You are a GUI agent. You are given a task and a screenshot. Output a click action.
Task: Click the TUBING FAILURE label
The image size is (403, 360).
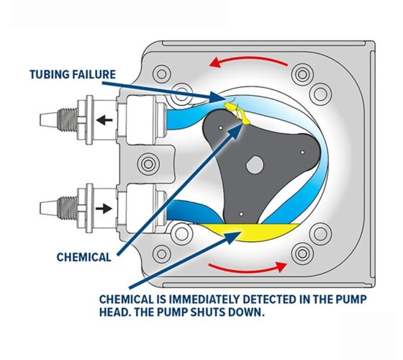tap(73, 75)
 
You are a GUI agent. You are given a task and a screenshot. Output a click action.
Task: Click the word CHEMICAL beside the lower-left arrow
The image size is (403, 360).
tap(83, 257)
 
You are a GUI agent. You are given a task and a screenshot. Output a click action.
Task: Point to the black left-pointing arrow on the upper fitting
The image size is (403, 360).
tap(104, 120)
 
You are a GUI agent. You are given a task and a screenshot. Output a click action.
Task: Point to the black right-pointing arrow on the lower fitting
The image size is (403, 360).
tap(104, 208)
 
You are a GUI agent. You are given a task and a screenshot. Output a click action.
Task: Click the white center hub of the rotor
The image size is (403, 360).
tap(255, 165)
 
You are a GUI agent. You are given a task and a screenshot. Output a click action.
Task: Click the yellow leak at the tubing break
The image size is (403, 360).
tap(237, 111)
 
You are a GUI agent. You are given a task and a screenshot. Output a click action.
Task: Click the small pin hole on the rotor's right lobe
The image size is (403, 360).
tap(302, 153)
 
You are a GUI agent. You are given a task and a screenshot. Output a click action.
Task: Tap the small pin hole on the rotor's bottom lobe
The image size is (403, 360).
tap(241, 214)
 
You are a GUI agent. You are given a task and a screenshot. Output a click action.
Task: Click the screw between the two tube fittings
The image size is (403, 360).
tap(148, 164)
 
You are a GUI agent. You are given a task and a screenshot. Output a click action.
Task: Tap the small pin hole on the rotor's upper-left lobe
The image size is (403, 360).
tap(220, 128)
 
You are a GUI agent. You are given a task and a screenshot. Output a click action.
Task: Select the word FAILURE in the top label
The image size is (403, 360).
tap(94, 75)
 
